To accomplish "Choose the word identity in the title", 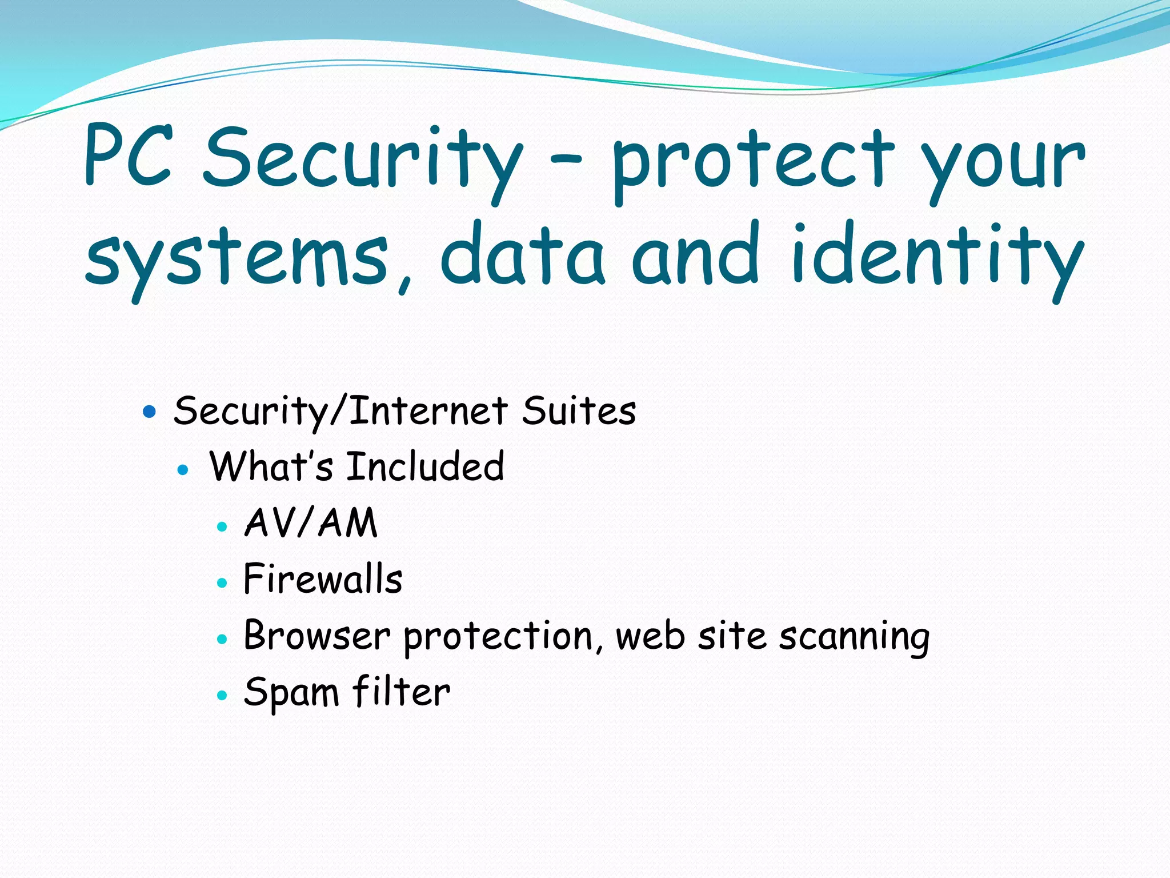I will pyautogui.click(x=937, y=257).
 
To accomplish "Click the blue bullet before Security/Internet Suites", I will pyautogui.click(x=149, y=411).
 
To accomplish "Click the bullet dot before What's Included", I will pyautogui.click(x=183, y=470).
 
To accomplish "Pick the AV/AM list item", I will pyautogui.click(x=311, y=522).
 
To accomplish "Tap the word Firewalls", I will pyautogui.click(x=323, y=578).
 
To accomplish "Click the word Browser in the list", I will pyautogui.click(x=317, y=635).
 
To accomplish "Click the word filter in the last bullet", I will pyautogui.click(x=401, y=692).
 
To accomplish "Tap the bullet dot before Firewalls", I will pyautogui.click(x=222, y=583).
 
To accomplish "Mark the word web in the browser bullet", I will pyautogui.click(x=650, y=635).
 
